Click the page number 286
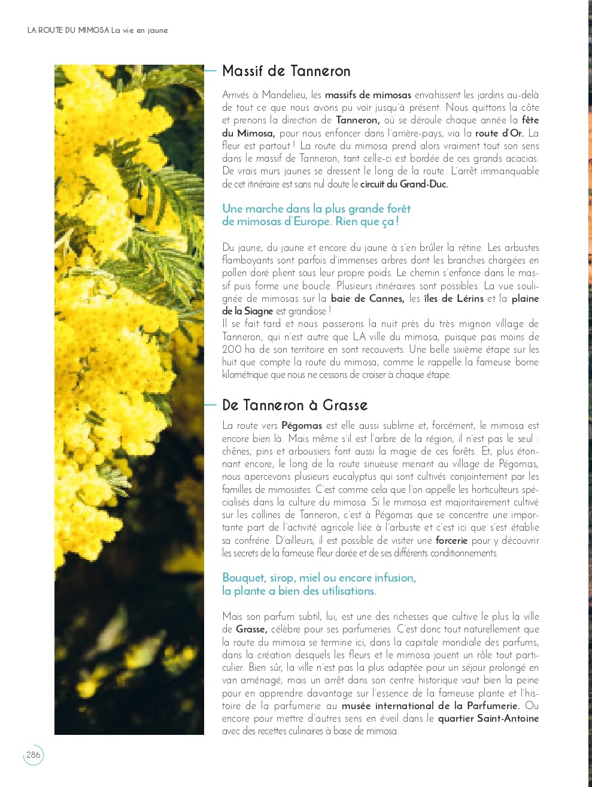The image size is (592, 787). coord(34,755)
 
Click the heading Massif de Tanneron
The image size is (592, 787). coord(286,71)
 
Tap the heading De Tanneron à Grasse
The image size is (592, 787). coord(295,405)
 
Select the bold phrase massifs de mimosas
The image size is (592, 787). coord(368,95)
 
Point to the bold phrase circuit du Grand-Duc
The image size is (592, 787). coord(412,184)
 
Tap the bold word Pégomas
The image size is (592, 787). coord(302,426)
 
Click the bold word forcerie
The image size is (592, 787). coord(451,540)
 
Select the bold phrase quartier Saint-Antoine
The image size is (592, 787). coord(488,718)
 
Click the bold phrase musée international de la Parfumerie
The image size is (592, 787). coord(430,706)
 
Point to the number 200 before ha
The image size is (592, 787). coord(232,349)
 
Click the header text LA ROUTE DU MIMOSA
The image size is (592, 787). coord(68,30)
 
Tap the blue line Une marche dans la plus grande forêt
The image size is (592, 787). coord(316,208)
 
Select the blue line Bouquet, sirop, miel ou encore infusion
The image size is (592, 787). coord(318,578)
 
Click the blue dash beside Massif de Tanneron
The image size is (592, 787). coord(210,71)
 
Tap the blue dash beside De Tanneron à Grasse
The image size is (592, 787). coord(210,405)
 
